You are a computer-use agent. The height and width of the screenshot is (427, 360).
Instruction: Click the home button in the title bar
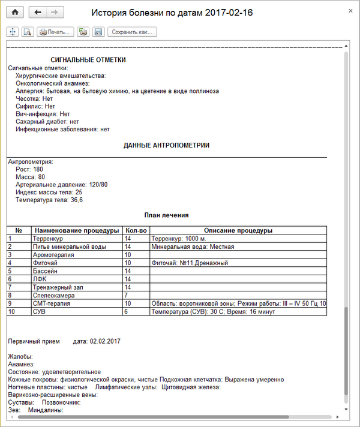pyautogui.click(x=15, y=12)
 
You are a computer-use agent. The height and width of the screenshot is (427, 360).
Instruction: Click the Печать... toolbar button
pyautogui.click(x=55, y=32)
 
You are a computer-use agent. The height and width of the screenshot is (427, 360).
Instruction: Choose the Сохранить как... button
pyautogui.click(x=132, y=32)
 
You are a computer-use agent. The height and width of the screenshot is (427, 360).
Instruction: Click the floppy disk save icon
pyautogui.click(x=98, y=32)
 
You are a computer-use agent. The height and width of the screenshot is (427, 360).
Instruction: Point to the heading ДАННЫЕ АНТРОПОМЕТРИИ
pyautogui.click(x=166, y=145)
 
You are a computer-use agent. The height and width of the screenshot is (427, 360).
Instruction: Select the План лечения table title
pyautogui.click(x=166, y=215)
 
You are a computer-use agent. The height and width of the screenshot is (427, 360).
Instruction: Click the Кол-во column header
pyautogui.click(x=135, y=230)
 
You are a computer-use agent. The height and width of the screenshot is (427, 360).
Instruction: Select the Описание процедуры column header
pyautogui.click(x=238, y=230)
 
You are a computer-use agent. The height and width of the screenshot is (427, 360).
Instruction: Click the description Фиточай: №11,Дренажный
pyautogui.click(x=190, y=263)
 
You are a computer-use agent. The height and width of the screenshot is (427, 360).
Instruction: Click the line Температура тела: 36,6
pyautogui.click(x=49, y=200)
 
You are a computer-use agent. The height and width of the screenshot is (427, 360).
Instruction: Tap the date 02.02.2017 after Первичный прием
pyautogui.click(x=105, y=341)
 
